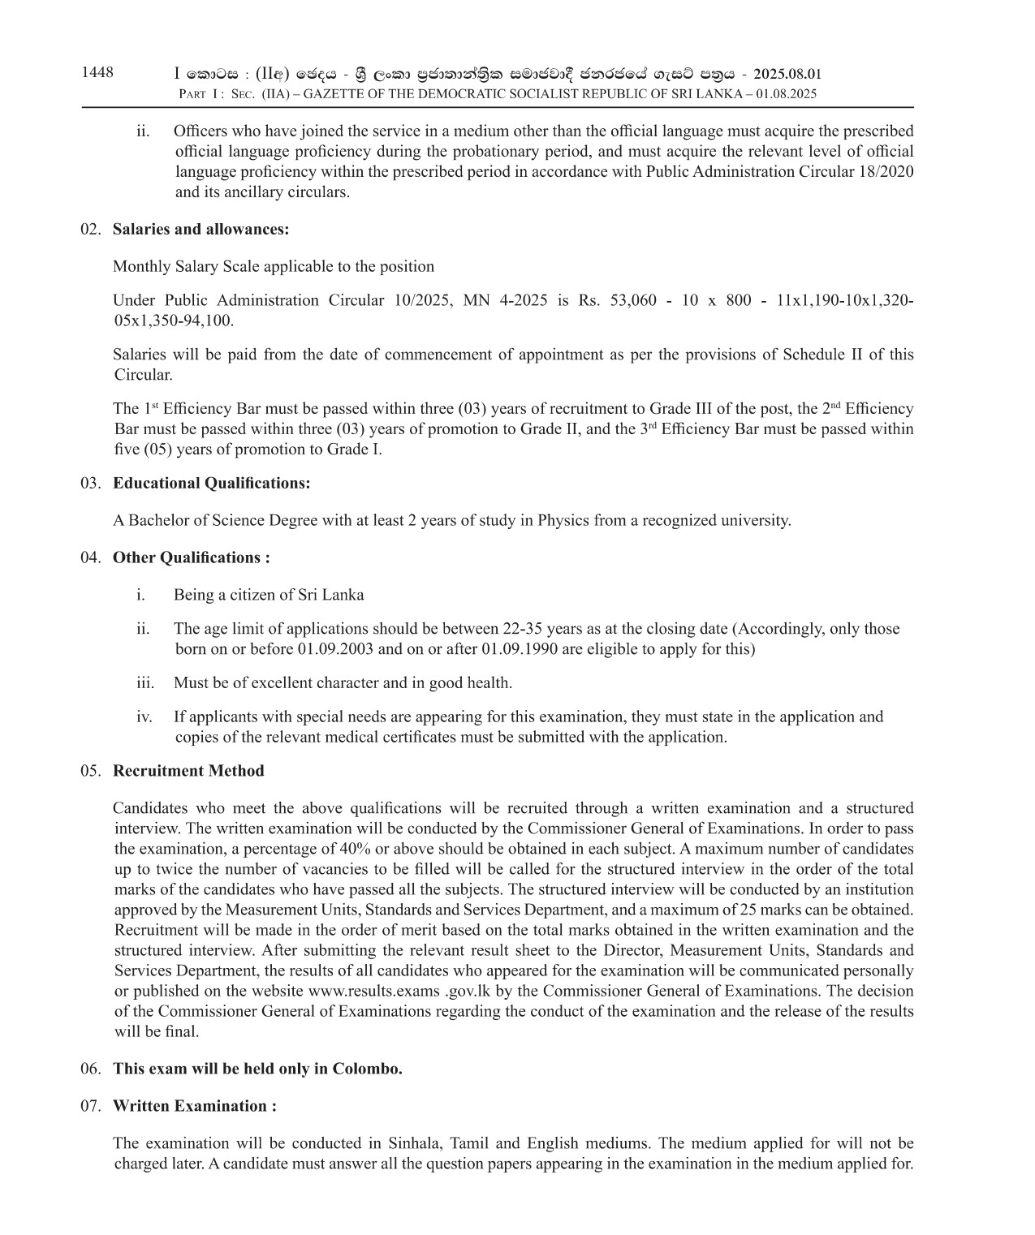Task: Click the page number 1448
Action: tap(97, 73)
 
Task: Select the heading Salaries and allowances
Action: tap(201, 229)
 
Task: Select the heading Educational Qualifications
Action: tap(211, 484)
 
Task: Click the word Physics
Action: tap(563, 520)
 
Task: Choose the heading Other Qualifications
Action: tap(191, 557)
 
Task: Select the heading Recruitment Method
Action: tap(188, 771)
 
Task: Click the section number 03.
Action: tap(91, 484)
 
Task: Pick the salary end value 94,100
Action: tap(207, 321)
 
